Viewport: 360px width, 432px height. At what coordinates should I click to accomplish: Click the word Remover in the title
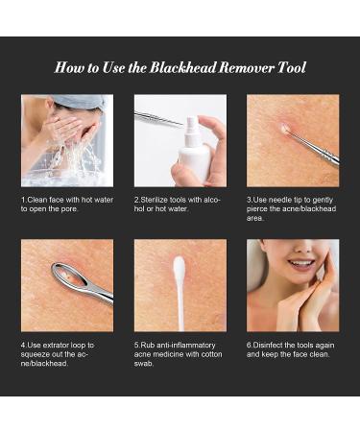[x=252, y=68]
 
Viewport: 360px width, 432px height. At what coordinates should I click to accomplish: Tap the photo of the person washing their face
[x=66, y=139]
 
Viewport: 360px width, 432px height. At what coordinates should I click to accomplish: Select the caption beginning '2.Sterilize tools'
[x=179, y=204]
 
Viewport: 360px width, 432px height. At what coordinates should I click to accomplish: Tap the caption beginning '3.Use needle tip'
[x=292, y=209]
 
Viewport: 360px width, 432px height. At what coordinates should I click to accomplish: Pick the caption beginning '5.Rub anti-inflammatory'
[x=179, y=354]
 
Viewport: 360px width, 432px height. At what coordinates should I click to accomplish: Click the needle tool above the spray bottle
[x=159, y=118]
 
